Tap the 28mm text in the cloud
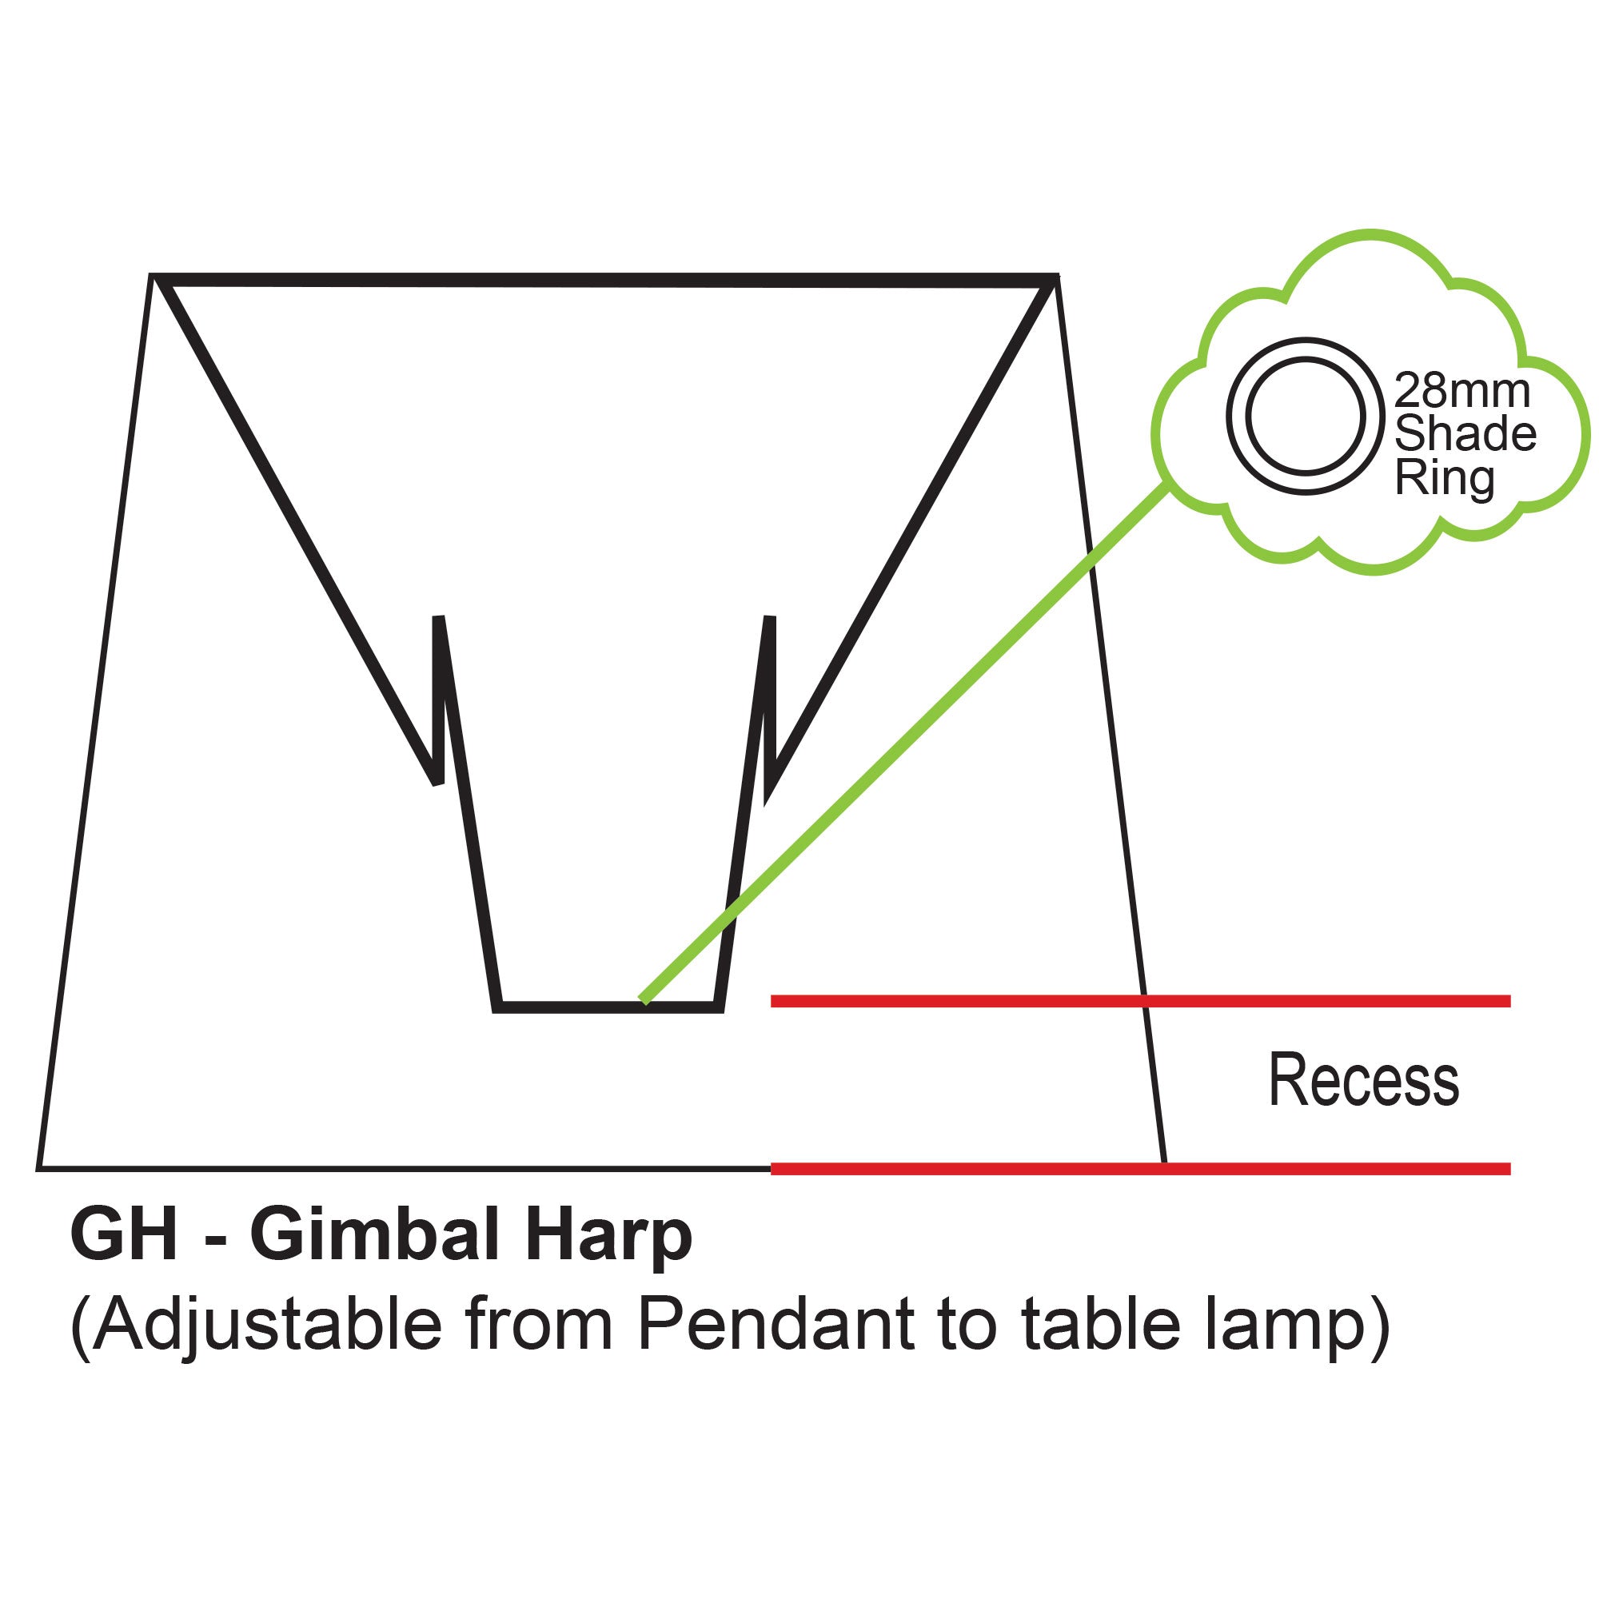(1462, 390)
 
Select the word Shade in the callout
(1465, 433)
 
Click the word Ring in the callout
(1444, 477)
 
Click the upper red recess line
(1141, 1001)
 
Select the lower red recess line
(1141, 1169)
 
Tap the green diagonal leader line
(904, 744)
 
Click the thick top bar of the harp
(605, 281)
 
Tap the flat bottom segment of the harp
(609, 1007)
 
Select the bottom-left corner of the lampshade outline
(38, 1170)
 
